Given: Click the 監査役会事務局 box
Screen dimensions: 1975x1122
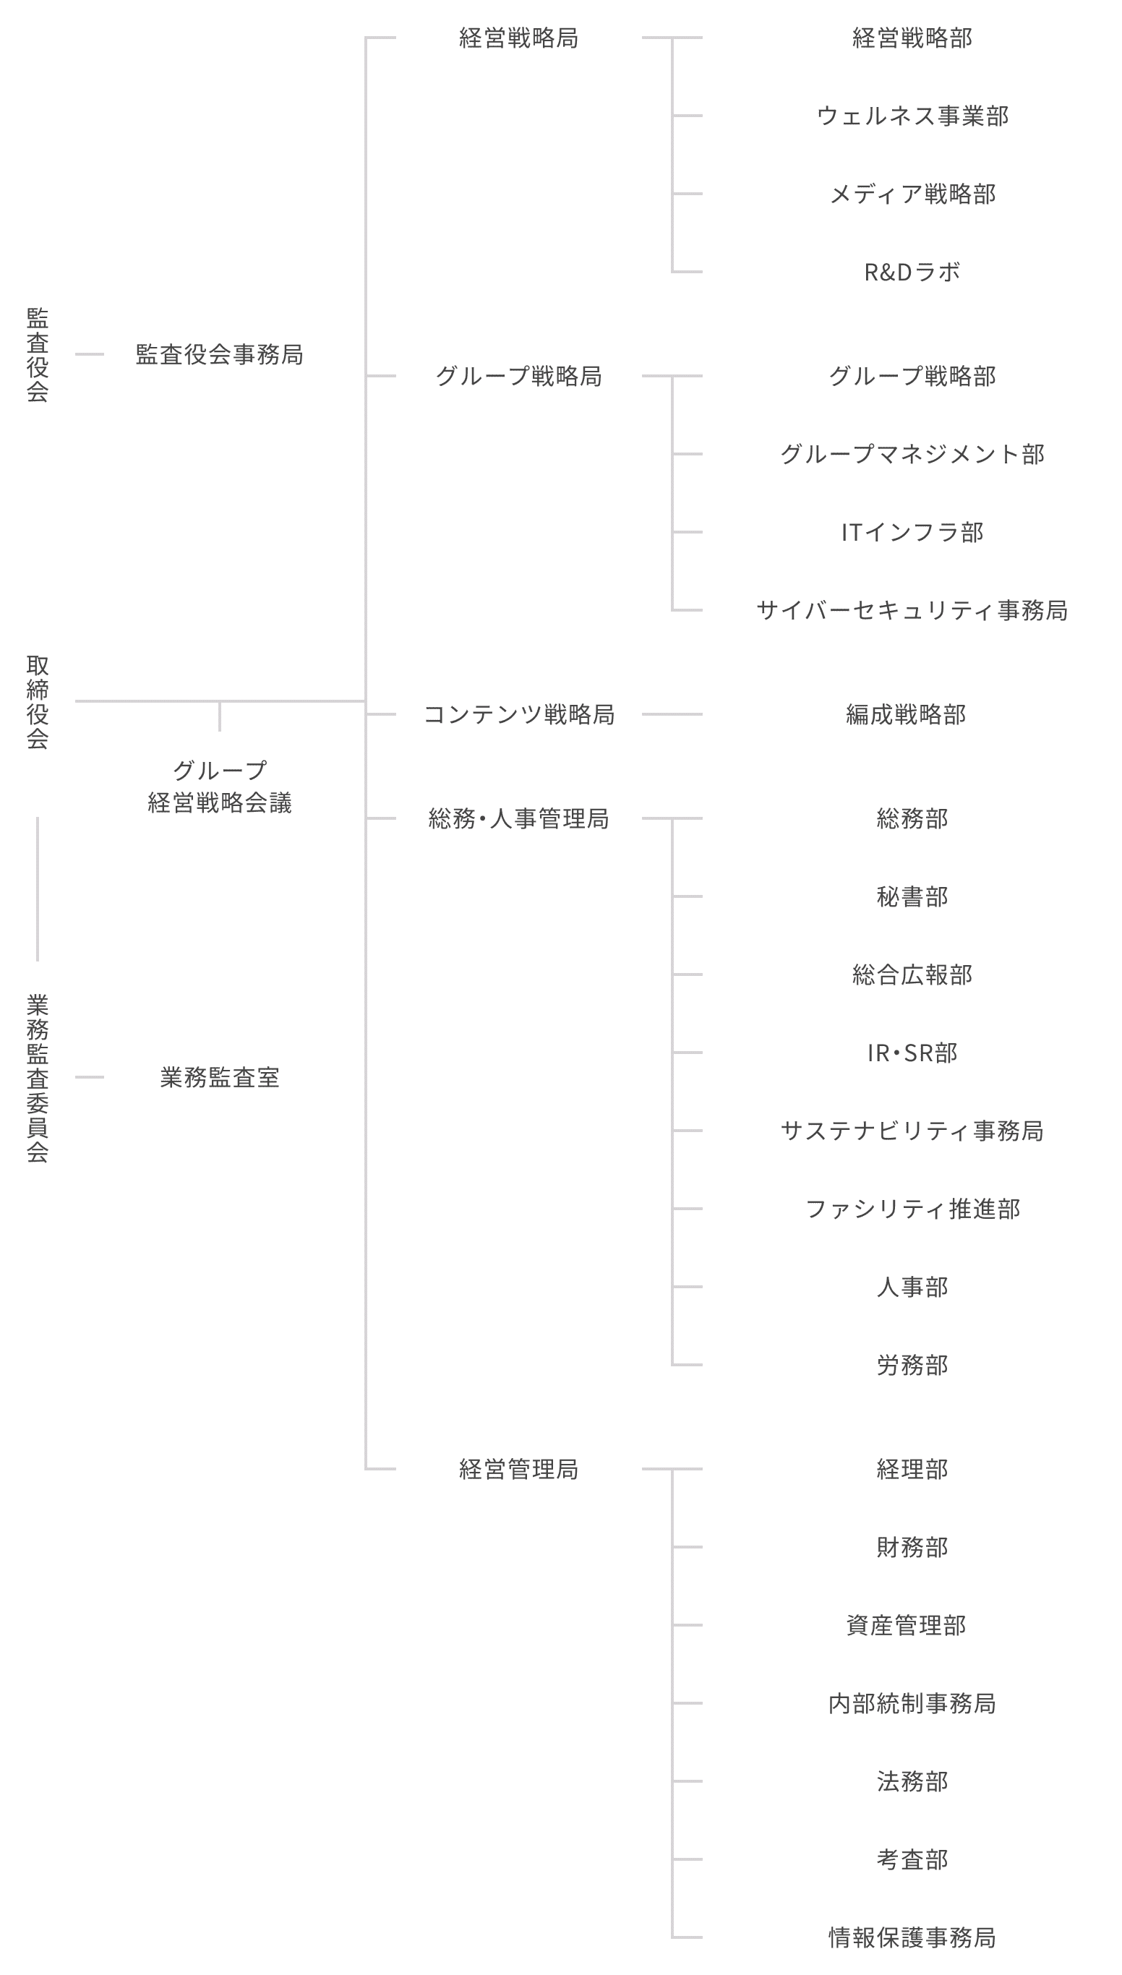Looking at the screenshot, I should [219, 354].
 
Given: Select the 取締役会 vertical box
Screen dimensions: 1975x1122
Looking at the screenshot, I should [37, 701].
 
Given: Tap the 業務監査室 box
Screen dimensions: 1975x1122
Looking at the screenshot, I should [219, 1076].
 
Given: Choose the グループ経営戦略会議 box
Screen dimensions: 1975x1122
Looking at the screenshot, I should [219, 785].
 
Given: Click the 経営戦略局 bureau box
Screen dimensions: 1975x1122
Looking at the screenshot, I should [518, 38].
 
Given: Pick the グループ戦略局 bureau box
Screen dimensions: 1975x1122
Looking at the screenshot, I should [518, 376].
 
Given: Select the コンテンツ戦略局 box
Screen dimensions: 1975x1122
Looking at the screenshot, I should [518, 714].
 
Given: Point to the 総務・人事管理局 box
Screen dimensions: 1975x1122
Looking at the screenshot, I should [518, 818].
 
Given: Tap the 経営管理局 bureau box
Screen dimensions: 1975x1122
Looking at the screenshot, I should [518, 1469].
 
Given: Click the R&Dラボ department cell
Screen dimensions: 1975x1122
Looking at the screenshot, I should [912, 272].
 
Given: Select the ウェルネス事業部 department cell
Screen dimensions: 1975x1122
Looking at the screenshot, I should [912, 116].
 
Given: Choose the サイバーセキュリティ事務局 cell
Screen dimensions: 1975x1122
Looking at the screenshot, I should [912, 610].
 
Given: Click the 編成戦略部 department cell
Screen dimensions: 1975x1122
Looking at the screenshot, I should [912, 714].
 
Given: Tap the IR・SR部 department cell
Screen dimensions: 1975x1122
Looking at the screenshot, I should [912, 1053].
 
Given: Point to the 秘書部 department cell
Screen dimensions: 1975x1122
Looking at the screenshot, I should [912, 897].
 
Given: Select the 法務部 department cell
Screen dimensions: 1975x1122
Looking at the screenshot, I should [912, 1781].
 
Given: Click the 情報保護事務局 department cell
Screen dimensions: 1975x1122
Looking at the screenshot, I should [912, 1937].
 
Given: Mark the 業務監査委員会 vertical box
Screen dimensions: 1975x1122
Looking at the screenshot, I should [37, 1076].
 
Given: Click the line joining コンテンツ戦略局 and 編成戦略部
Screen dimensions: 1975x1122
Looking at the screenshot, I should [672, 714].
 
